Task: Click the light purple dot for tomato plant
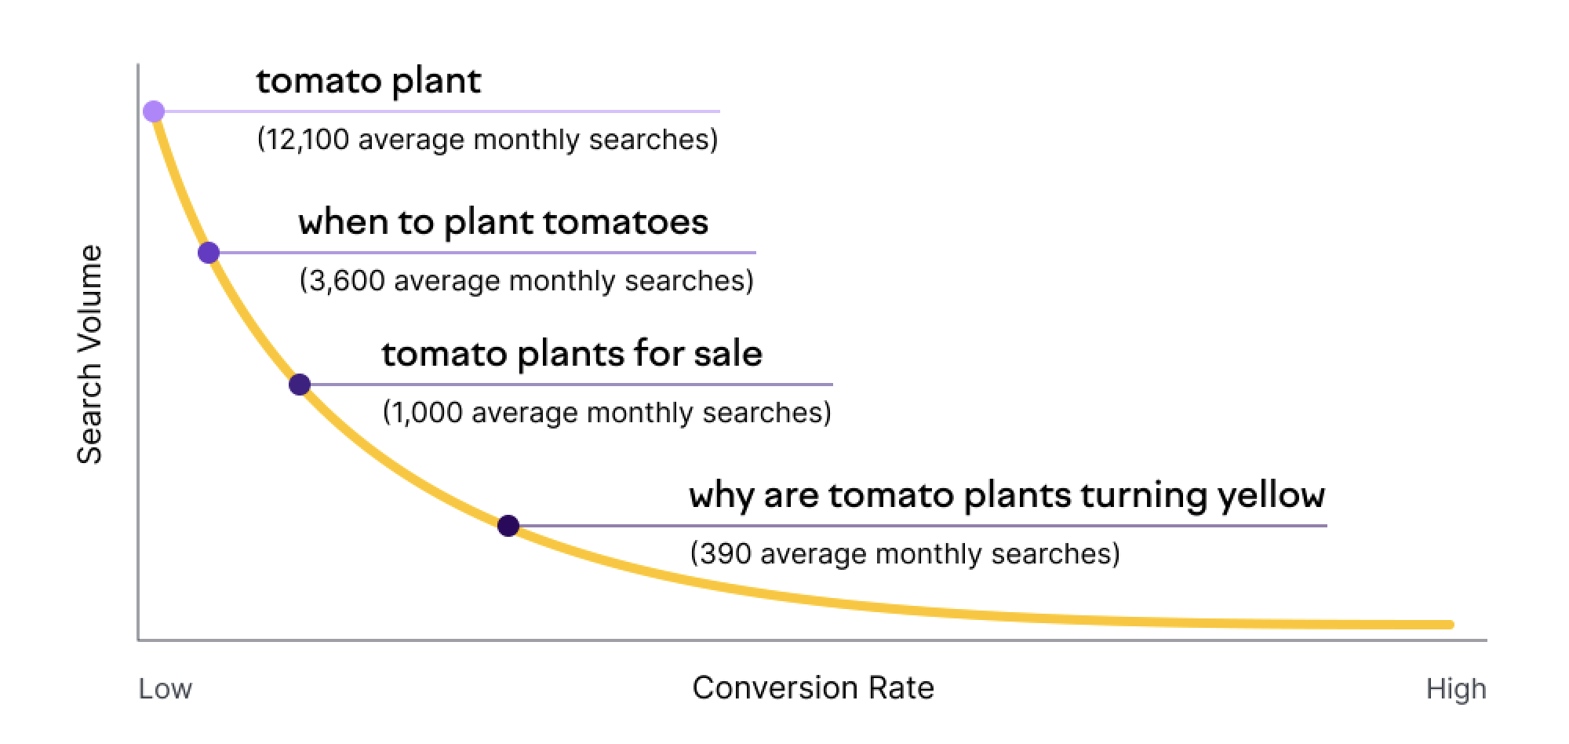point(154,111)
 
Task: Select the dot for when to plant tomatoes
point(209,253)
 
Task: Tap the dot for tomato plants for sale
point(300,385)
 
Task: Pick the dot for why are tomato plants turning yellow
point(508,526)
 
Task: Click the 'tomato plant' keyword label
point(369,82)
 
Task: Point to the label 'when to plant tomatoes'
point(504,222)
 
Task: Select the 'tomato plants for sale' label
point(572,354)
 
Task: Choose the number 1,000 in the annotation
point(427,413)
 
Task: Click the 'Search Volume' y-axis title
point(90,355)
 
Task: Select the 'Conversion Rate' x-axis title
point(814,688)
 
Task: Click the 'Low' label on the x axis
point(166,689)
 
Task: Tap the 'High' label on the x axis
point(1456,689)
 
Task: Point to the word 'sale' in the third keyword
point(727,354)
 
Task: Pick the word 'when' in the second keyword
point(344,222)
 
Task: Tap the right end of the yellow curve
point(1451,625)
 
